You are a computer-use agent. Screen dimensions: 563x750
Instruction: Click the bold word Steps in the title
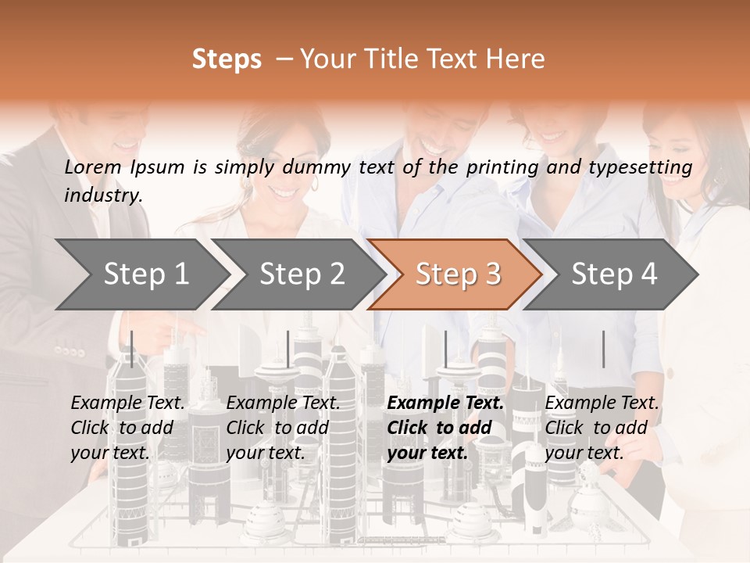[227, 59]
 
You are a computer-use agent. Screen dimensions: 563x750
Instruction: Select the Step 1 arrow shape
[141, 274]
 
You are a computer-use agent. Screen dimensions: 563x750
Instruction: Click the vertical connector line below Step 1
[132, 349]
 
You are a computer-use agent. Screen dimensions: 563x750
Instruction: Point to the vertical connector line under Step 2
[288, 349]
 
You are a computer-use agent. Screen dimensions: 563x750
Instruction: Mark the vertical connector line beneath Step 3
[445, 349]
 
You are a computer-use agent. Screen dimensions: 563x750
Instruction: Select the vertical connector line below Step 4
[603, 349]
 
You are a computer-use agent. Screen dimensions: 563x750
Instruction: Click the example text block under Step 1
[127, 428]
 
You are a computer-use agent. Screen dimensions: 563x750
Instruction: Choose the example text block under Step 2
[283, 428]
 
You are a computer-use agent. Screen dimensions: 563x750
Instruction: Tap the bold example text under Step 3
[445, 428]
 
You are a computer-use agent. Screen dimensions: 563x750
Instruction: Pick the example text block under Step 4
[602, 428]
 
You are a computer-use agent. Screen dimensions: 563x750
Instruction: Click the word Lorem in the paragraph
[93, 167]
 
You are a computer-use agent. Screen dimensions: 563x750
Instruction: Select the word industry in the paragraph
[103, 195]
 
